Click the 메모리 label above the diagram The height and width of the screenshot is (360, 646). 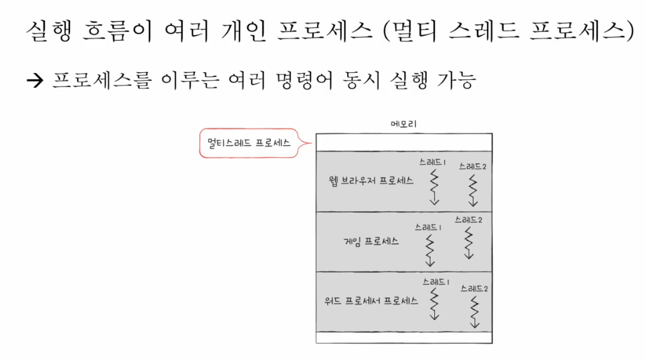(404, 124)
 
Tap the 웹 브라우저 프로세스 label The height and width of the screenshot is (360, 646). (371, 181)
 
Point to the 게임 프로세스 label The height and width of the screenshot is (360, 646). (371, 241)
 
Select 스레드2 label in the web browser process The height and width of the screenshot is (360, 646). (472, 166)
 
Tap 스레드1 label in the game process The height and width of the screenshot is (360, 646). (428, 226)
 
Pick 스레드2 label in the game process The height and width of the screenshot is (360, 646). (468, 219)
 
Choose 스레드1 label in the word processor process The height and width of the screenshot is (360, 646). (436, 282)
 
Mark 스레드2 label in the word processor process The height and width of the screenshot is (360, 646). (474, 288)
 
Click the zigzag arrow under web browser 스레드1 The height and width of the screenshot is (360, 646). (434, 187)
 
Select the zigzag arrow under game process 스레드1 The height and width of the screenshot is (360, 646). (430, 251)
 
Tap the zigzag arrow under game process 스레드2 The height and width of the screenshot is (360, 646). (468, 242)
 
